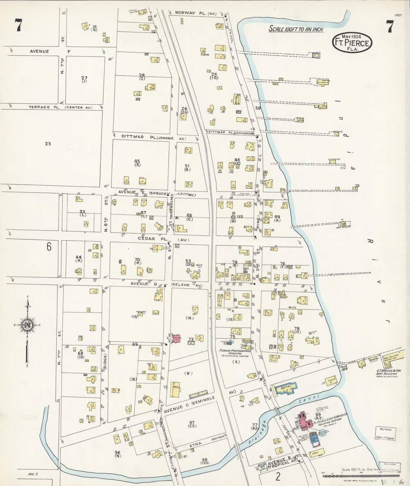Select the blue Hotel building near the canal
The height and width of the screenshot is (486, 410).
(x=285, y=388)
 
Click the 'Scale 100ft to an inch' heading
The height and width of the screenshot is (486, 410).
(x=296, y=29)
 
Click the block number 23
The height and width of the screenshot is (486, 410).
(x=48, y=144)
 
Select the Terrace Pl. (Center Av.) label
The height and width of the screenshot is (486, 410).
(x=60, y=107)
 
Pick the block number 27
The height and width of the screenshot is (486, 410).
(x=84, y=78)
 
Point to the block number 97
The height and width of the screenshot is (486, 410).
(x=192, y=423)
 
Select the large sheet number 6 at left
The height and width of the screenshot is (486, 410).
(x=49, y=247)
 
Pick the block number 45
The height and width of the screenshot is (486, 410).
(x=137, y=161)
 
